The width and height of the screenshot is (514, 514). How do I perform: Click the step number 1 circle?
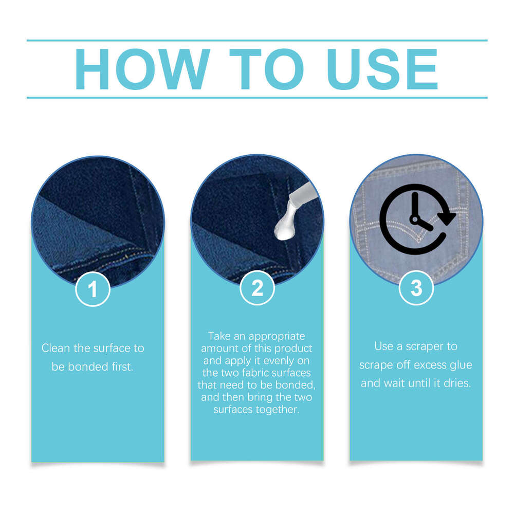(93, 289)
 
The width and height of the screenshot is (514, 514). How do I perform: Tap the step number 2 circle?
(258, 289)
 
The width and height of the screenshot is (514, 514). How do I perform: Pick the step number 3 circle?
(416, 289)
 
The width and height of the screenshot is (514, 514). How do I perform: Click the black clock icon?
(416, 219)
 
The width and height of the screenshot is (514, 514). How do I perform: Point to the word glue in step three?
(461, 365)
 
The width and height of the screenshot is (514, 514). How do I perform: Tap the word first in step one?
(121, 368)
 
